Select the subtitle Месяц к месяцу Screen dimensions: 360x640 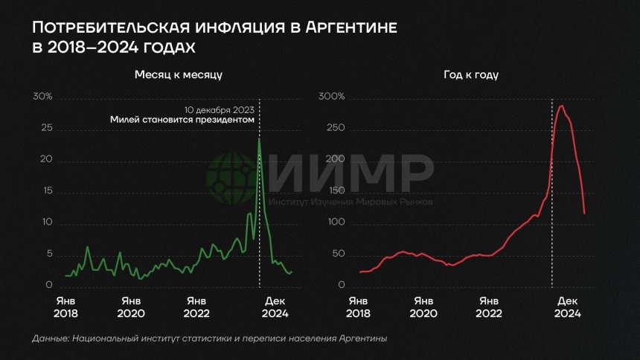[178, 75]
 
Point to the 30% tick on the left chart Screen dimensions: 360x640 [42, 97]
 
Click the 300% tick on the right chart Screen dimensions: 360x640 [332, 97]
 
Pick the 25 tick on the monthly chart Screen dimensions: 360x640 [47, 129]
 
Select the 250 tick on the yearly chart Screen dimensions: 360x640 [335, 129]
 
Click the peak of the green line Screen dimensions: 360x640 [259, 138]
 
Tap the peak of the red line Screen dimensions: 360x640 [561, 106]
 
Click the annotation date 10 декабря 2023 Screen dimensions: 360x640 [221, 109]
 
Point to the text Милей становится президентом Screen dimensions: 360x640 [182, 119]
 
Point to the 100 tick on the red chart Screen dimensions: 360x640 [335, 223]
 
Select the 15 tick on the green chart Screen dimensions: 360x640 [47, 192]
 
